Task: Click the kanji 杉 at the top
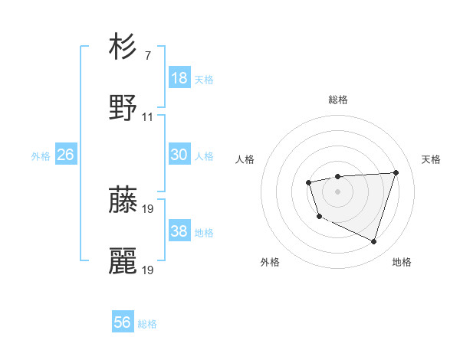coord(123,47)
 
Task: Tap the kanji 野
coord(123,107)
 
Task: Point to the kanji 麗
coord(123,261)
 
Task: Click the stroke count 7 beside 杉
coord(147,56)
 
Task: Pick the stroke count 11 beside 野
coord(148,117)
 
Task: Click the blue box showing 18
coord(179,78)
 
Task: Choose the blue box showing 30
coord(179,155)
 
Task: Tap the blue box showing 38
coord(179,231)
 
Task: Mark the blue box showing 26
coord(65,155)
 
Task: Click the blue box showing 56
coord(123,322)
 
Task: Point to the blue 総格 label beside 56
coord(147,324)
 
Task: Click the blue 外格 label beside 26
coord(41,156)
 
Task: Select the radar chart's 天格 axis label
coord(431,159)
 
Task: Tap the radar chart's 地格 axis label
coord(402,262)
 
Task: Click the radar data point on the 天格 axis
coord(396,172)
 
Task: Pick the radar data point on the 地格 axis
coord(373,242)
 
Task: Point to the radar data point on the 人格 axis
coord(308,182)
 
